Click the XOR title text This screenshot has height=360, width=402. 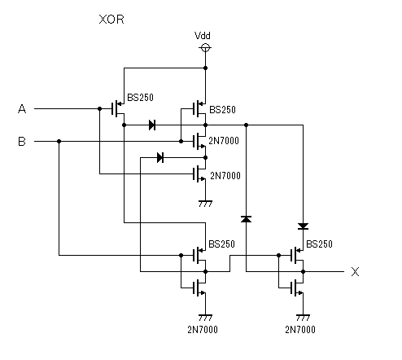click(111, 20)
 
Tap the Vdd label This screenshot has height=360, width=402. click(203, 36)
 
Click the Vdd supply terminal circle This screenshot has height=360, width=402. click(205, 48)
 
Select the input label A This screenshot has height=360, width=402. click(22, 109)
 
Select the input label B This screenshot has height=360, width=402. click(22, 142)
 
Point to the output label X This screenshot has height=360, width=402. click(355, 271)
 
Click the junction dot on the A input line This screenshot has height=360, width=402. click(99, 109)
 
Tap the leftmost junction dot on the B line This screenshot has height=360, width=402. click(59, 142)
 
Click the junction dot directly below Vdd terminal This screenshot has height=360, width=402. click(205, 68)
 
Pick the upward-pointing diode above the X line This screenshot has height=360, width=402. click(246, 219)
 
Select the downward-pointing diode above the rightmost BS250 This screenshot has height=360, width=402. click(303, 226)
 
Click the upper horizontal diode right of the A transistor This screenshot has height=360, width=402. click(152, 125)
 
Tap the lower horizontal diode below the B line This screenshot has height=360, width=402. click(160, 158)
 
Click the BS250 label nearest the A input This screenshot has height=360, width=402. click(140, 98)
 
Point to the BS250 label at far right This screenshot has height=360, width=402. click(319, 244)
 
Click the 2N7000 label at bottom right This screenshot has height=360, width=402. click(300, 330)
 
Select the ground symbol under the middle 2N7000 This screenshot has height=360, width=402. click(205, 204)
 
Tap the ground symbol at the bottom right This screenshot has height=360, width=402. click(303, 318)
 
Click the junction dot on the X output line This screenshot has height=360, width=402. click(303, 271)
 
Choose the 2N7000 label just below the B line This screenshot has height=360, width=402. click(224, 141)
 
